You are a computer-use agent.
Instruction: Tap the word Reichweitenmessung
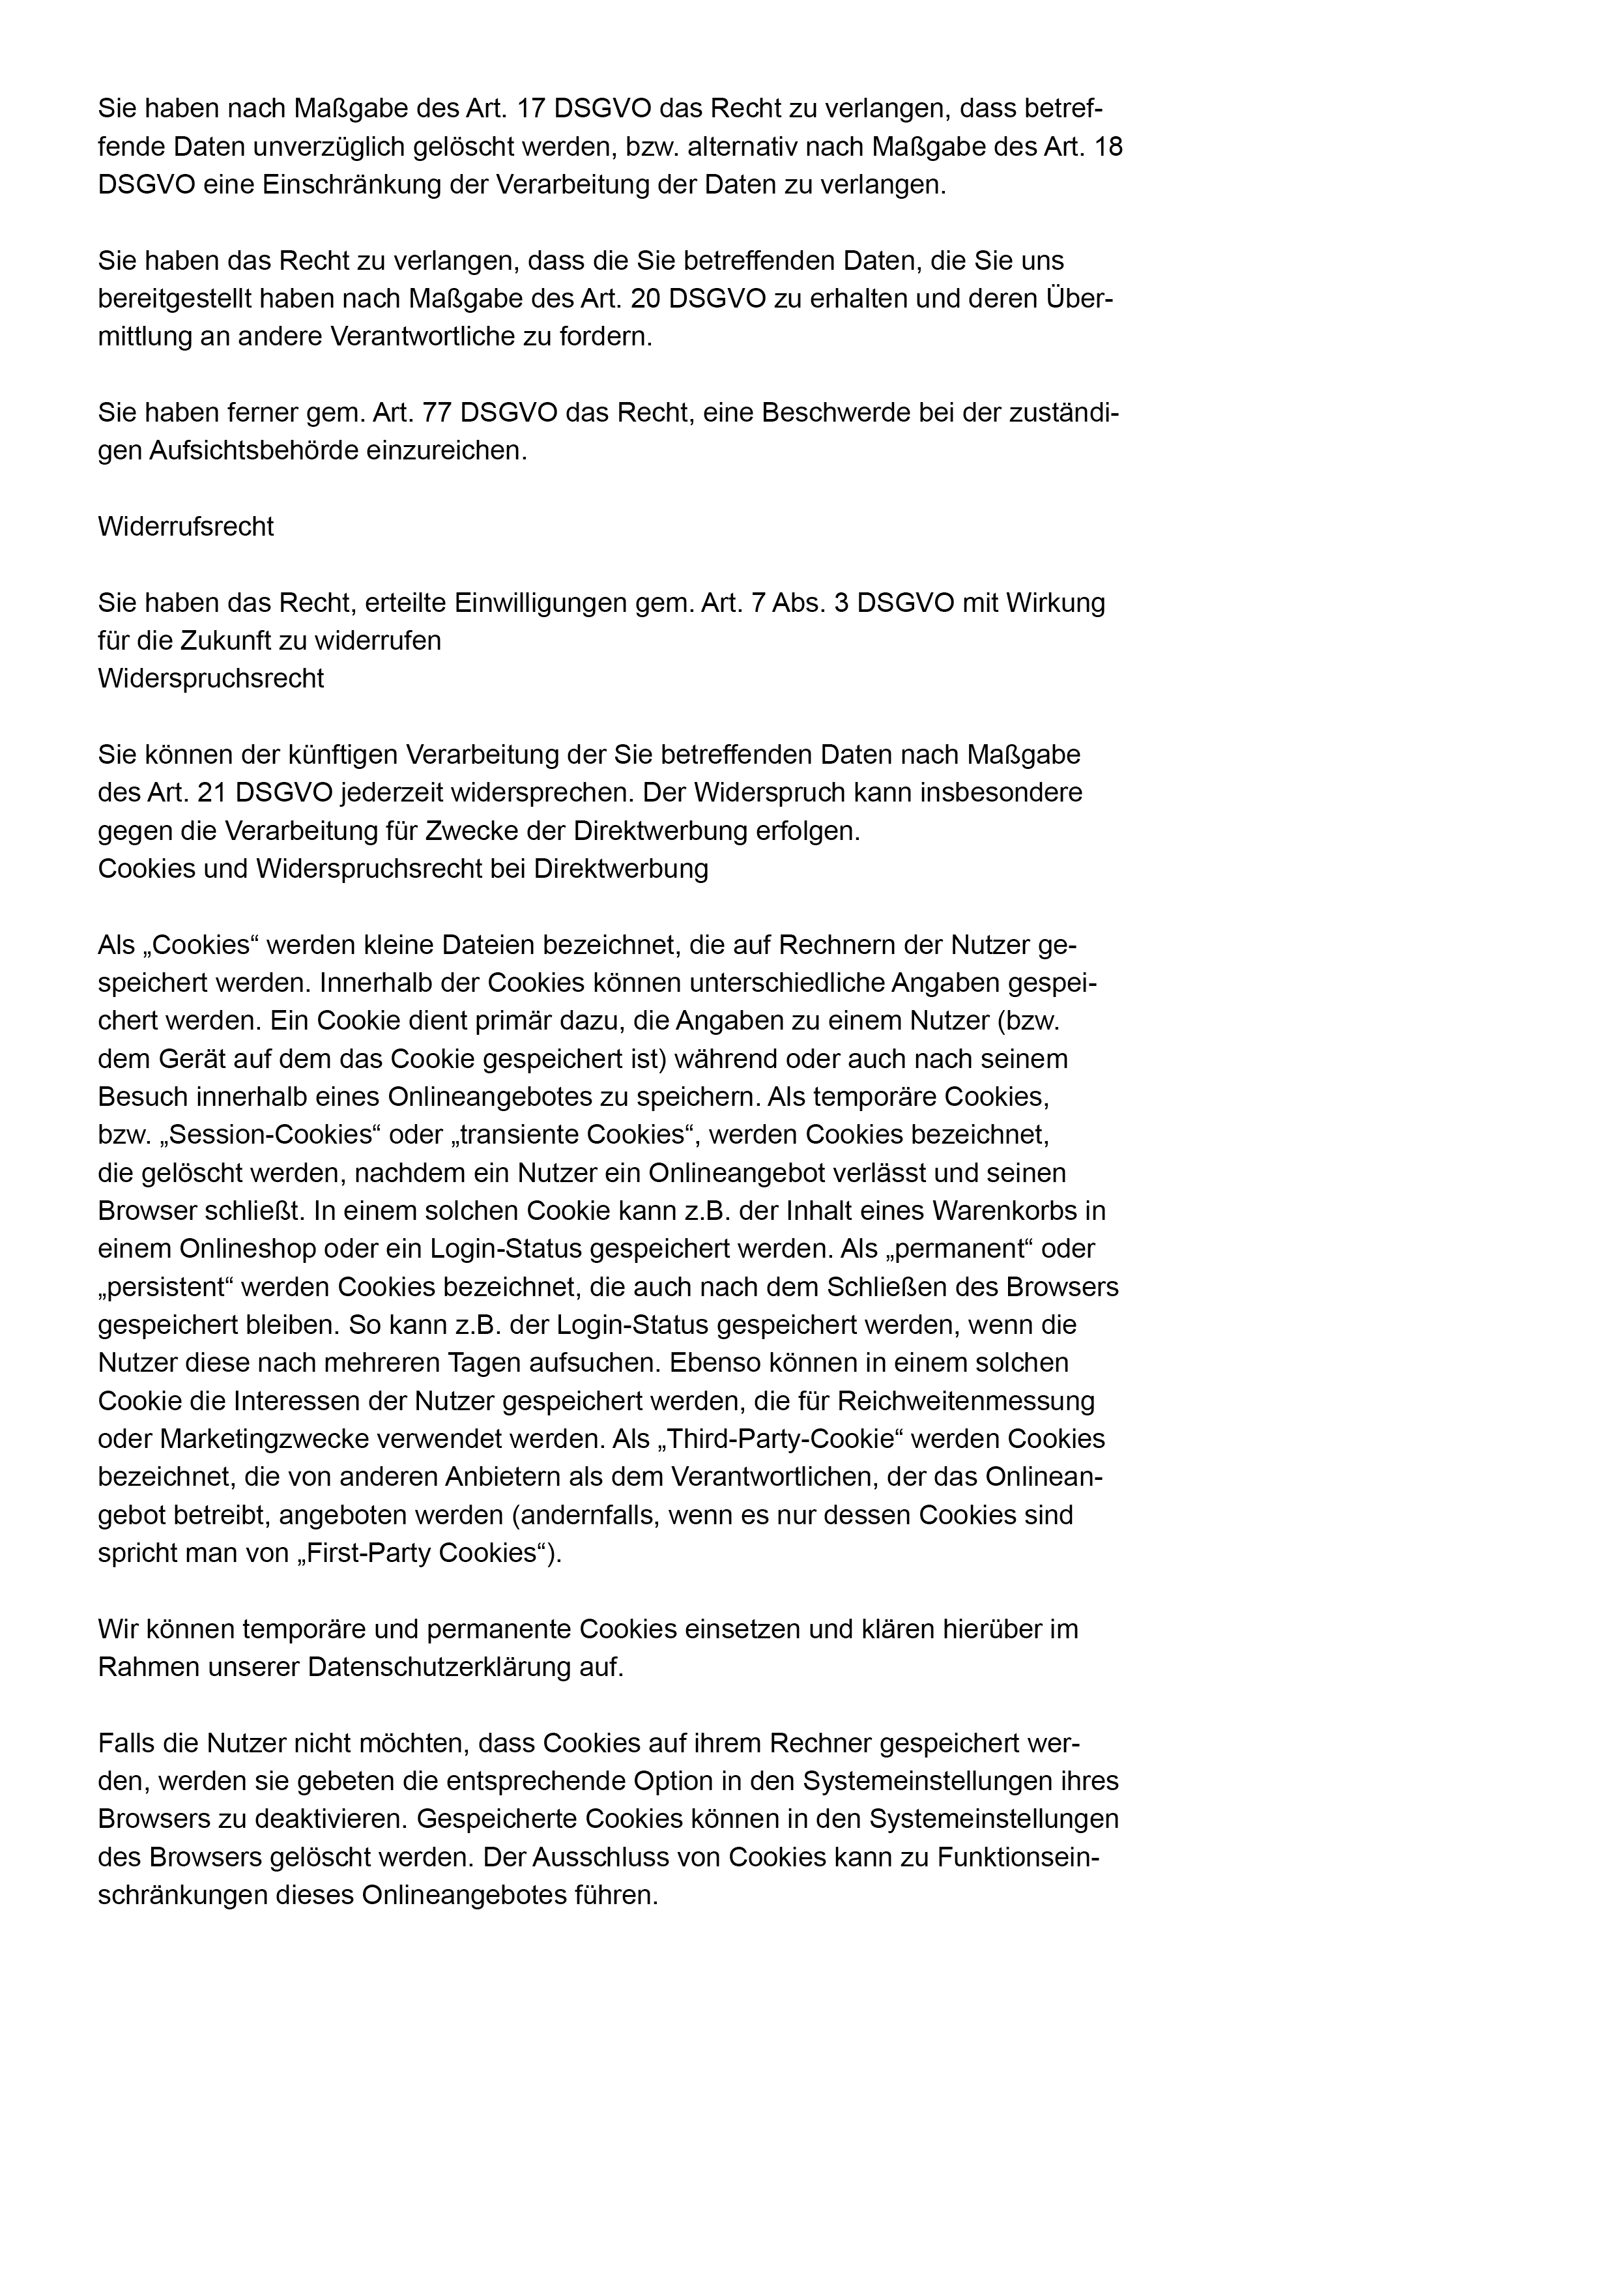pos(966,1401)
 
